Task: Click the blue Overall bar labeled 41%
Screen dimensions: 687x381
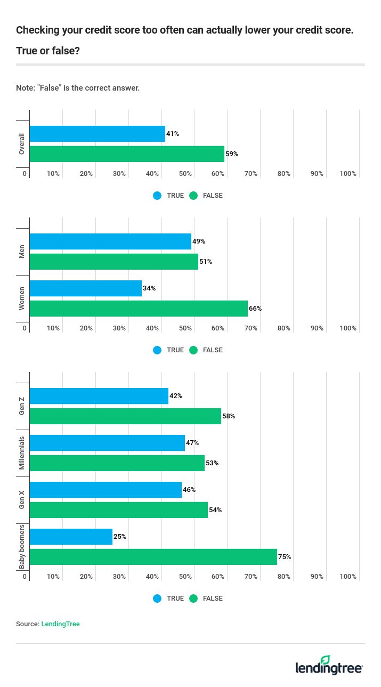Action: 97,134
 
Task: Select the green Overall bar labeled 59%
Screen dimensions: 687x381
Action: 127,154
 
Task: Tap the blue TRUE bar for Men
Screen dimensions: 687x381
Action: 110,241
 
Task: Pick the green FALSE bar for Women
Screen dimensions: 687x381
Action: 139,309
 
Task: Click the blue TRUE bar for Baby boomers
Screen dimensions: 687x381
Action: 71,537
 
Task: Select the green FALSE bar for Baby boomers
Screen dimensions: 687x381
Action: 153,557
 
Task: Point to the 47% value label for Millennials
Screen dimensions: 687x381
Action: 192,443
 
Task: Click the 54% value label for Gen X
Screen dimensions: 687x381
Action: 215,510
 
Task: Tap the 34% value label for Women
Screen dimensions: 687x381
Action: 149,288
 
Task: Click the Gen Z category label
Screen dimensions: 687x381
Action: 22,406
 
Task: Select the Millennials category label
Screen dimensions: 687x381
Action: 22,452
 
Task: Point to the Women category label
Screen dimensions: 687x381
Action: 22,298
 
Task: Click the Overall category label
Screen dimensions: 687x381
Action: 22,144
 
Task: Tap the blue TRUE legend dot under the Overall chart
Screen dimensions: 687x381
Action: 157,196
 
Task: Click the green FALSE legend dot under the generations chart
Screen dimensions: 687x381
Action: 193,599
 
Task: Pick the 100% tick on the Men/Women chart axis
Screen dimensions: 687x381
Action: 348,328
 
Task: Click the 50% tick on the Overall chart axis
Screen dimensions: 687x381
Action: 185,174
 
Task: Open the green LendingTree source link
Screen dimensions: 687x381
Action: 60,624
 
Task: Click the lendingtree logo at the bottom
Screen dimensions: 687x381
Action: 329,666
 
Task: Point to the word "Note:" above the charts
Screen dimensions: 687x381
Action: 26,88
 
